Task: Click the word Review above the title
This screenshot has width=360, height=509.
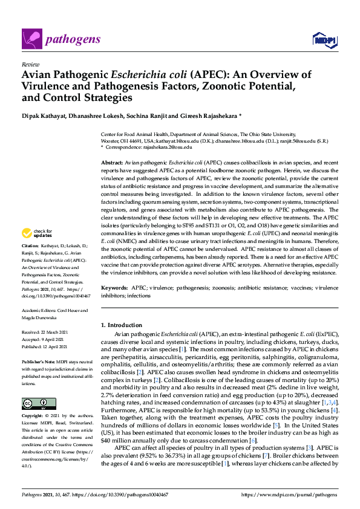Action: (28, 63)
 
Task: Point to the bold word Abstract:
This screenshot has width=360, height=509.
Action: (111, 164)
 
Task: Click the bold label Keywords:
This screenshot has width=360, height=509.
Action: (114, 289)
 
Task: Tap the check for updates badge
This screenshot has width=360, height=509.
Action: (36, 233)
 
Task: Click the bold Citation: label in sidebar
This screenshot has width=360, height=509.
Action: (30, 246)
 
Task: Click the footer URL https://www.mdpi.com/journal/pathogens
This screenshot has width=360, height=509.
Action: (290, 494)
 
